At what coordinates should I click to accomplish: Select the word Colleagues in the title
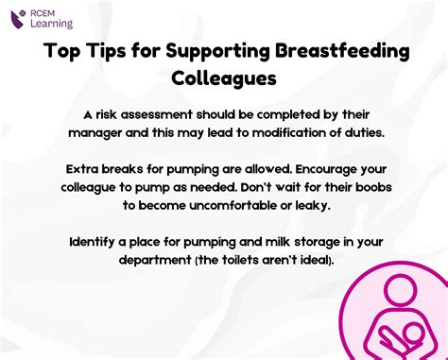(223, 77)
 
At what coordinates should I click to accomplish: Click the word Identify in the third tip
(96, 242)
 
